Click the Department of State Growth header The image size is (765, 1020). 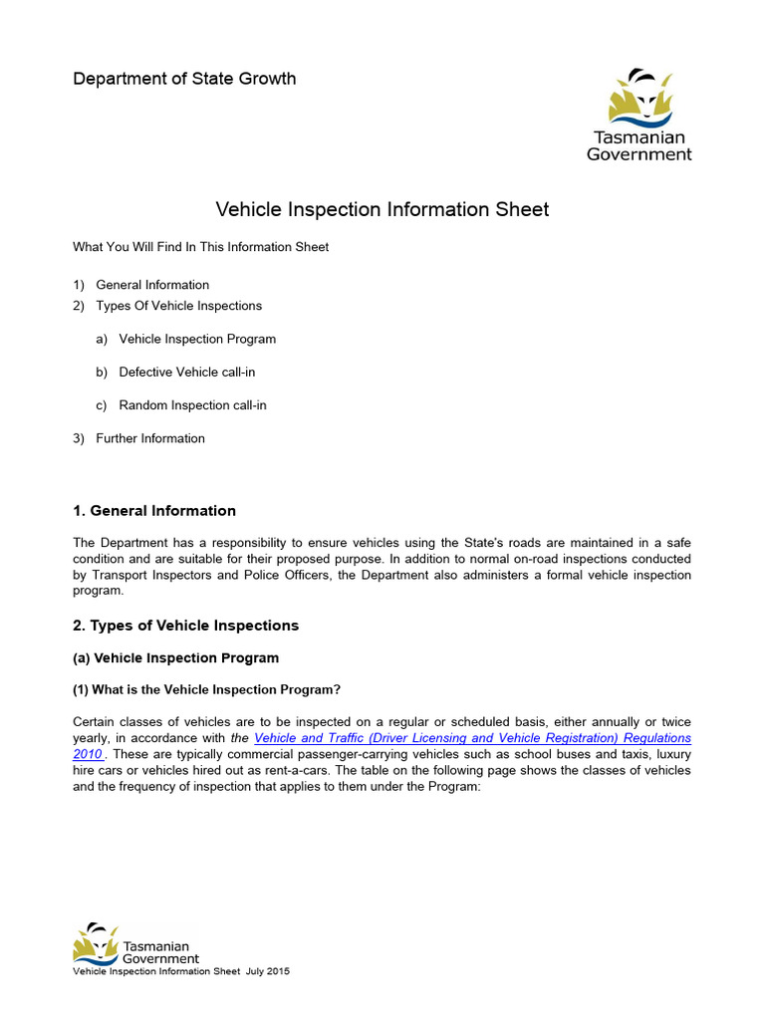tap(184, 79)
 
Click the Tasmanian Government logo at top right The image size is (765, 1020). tap(637, 115)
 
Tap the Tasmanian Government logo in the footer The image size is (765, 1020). tap(136, 943)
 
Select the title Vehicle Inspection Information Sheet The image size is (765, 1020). tap(382, 209)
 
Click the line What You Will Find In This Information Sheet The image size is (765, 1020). tap(200, 247)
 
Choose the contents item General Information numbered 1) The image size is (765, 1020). tap(152, 285)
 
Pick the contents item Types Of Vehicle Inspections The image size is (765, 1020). tap(178, 306)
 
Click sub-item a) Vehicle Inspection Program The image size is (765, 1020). tap(197, 339)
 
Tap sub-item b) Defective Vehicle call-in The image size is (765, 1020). tap(193, 372)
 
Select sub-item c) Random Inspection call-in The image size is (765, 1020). tap(192, 405)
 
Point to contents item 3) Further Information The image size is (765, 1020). tap(149, 438)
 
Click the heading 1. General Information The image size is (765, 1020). tap(154, 511)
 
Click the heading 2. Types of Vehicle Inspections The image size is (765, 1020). tap(185, 626)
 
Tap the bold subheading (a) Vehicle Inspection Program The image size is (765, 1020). tap(176, 658)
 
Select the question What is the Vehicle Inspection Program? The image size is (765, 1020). tap(211, 689)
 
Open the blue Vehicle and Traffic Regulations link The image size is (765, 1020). tap(472, 738)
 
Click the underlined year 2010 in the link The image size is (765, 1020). tap(89, 754)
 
